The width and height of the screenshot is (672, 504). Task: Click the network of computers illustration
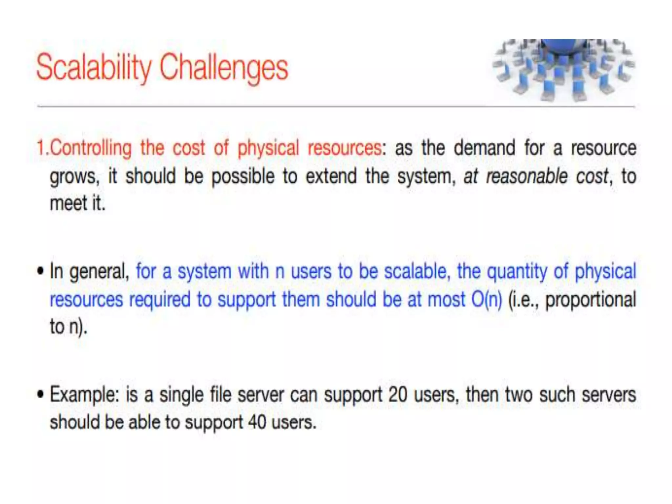pyautogui.click(x=563, y=70)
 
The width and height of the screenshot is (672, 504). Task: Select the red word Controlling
pyautogui.click(x=91, y=148)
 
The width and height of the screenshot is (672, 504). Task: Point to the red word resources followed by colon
pyautogui.click(x=345, y=148)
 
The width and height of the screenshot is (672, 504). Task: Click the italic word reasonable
pyautogui.click(x=526, y=176)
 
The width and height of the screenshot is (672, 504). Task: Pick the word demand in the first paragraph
pyautogui.click(x=484, y=148)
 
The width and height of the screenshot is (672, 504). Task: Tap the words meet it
pyautogui.click(x=77, y=203)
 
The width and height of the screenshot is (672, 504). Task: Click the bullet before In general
pyautogui.click(x=40, y=272)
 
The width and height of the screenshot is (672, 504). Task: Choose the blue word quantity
pyautogui.click(x=517, y=272)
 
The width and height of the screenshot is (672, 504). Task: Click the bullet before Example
pyautogui.click(x=40, y=395)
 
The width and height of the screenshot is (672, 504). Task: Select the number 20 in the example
pyautogui.click(x=398, y=395)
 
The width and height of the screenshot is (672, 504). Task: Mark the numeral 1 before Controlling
pyautogui.click(x=40, y=148)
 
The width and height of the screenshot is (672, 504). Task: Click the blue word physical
pyautogui.click(x=605, y=272)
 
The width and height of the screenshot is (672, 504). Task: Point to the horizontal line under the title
pyautogui.click(x=336, y=106)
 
